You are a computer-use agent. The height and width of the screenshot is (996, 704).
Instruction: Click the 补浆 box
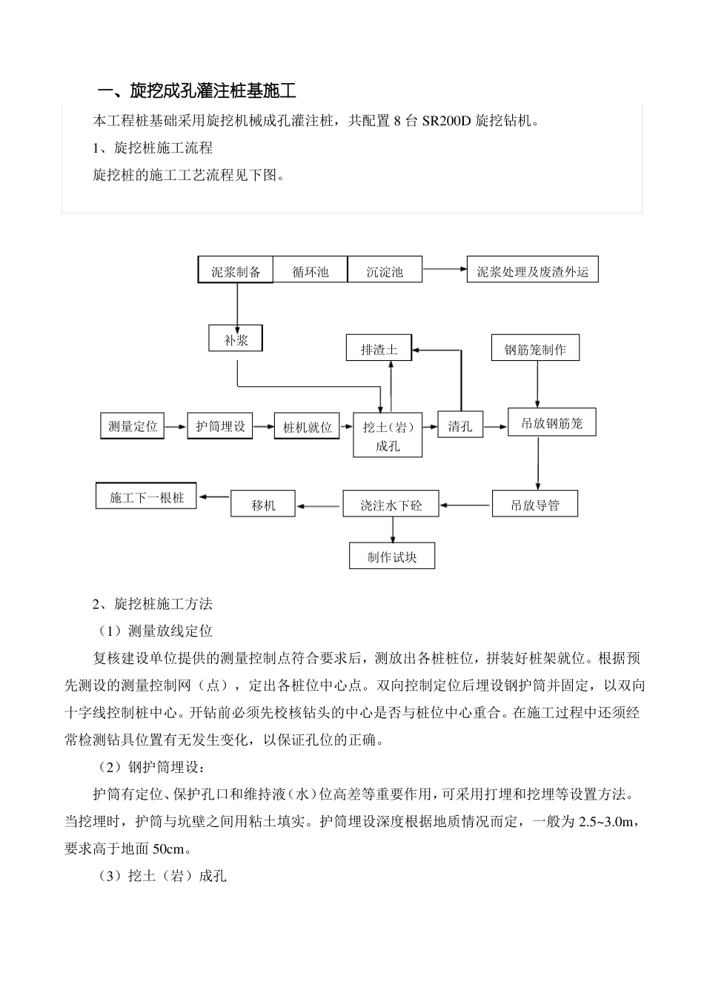click(x=236, y=339)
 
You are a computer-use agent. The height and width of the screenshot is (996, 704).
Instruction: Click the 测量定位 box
click(x=133, y=426)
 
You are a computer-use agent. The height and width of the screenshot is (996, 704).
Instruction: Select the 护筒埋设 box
click(x=220, y=426)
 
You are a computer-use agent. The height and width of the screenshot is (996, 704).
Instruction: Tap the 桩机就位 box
click(x=308, y=427)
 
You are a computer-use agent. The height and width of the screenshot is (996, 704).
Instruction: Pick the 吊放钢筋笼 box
click(x=551, y=422)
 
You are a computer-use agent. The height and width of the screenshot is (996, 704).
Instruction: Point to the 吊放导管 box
click(x=535, y=504)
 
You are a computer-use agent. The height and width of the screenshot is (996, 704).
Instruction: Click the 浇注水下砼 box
click(x=391, y=504)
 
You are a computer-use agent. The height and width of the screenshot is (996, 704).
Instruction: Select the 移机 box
click(x=263, y=504)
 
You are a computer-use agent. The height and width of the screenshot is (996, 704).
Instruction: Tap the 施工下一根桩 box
click(x=147, y=496)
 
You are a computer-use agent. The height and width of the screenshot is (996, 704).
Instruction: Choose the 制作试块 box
click(x=392, y=556)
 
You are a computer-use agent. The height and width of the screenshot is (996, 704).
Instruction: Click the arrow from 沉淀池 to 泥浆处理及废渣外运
click(x=445, y=269)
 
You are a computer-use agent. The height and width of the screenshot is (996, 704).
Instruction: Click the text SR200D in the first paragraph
click(x=446, y=121)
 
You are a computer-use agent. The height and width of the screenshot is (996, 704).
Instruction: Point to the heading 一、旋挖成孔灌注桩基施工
click(x=198, y=91)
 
